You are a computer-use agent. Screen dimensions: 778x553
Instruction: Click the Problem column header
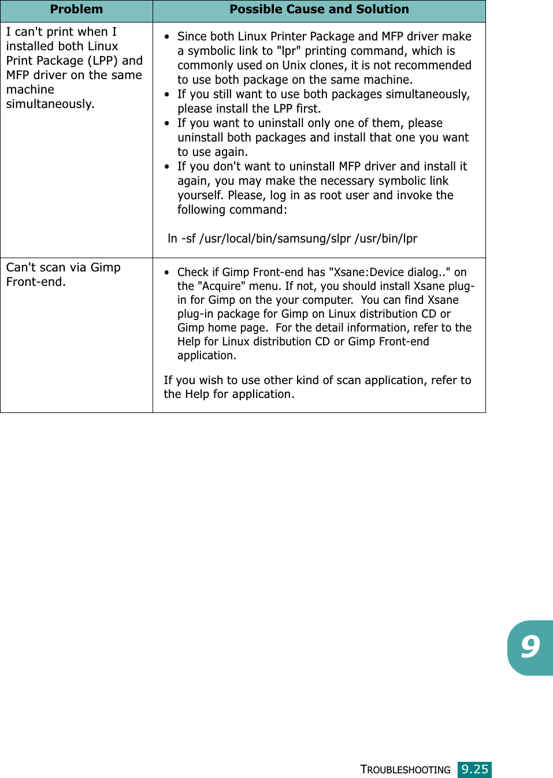pos(76,9)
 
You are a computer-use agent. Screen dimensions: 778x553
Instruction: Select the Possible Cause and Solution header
pos(319,9)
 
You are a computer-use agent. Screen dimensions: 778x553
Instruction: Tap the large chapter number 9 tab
pos(530,647)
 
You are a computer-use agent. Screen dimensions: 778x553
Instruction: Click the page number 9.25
pos(474,769)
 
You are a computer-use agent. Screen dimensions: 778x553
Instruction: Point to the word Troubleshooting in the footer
pos(405,770)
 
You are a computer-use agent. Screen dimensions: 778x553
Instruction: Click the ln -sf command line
pos(292,239)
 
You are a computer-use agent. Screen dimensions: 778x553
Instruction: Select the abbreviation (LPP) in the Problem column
pos(103,61)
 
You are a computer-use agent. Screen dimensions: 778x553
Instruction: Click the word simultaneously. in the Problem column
pos(50,104)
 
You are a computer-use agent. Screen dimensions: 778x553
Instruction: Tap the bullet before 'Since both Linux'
pos(167,37)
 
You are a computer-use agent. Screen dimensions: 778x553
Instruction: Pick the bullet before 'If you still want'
pos(167,95)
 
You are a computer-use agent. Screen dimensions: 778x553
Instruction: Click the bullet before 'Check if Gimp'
pos(167,273)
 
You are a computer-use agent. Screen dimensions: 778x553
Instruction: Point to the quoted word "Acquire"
pos(222,286)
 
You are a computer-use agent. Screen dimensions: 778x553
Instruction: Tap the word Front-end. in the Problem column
pos(36,282)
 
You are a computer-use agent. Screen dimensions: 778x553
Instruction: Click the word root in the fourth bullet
pos(331,195)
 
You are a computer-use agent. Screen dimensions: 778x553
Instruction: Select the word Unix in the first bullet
pos(294,65)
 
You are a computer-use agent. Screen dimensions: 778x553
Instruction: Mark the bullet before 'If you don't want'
pos(167,167)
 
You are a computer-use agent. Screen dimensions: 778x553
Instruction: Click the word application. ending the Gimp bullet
pos(207,355)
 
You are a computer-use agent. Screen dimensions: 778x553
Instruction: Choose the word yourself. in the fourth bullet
pos(201,195)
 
